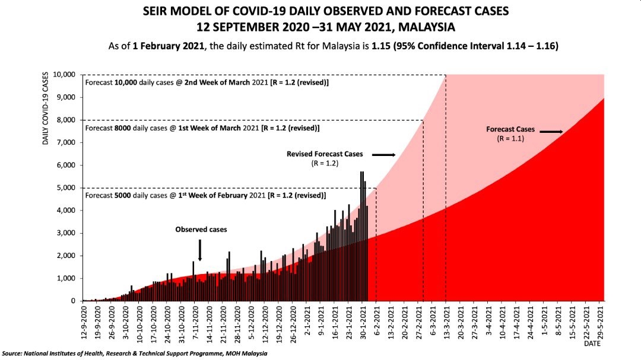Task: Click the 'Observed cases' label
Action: tap(201, 229)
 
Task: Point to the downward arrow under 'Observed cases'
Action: tap(200, 250)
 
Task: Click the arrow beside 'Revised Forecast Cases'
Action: tap(383, 155)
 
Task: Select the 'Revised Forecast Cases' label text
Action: tap(324, 154)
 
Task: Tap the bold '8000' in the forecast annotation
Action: tap(124, 128)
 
